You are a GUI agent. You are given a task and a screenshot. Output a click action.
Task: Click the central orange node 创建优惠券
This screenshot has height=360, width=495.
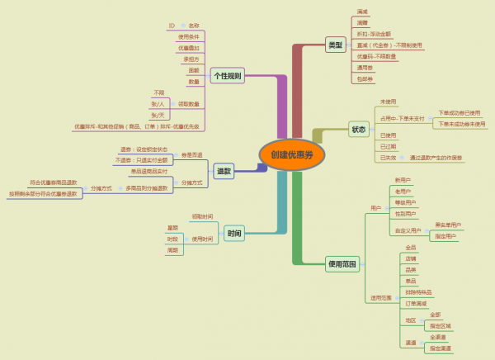(291, 154)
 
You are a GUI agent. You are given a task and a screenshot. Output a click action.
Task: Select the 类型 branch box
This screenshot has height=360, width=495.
(335, 45)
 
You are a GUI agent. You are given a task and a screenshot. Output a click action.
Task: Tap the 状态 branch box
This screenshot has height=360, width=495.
(358, 129)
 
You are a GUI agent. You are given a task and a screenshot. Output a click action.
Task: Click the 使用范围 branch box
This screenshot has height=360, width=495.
(342, 264)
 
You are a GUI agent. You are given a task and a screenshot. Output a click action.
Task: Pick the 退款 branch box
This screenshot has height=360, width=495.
(223, 171)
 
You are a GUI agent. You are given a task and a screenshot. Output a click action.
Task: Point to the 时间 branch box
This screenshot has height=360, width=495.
(234, 234)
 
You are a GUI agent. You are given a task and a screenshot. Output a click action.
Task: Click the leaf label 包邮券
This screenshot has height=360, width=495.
(365, 79)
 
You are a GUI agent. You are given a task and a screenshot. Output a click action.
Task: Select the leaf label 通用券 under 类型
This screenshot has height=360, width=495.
(365, 68)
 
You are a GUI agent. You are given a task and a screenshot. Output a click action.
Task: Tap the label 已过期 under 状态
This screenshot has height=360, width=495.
(388, 146)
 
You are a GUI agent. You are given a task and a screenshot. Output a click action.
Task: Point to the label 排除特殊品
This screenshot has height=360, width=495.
(418, 292)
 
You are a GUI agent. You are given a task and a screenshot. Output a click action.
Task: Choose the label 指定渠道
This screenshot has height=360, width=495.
(440, 348)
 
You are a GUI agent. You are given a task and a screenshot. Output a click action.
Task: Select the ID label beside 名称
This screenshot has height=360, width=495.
(172, 26)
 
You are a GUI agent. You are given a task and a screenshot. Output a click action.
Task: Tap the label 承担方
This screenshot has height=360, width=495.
(191, 59)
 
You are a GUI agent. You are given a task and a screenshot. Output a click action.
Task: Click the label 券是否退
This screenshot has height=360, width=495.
(191, 154)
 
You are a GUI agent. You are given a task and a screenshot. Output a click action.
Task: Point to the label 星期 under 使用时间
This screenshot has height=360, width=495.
(172, 227)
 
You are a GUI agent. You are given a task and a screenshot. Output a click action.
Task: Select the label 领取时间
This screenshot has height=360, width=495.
(202, 216)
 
